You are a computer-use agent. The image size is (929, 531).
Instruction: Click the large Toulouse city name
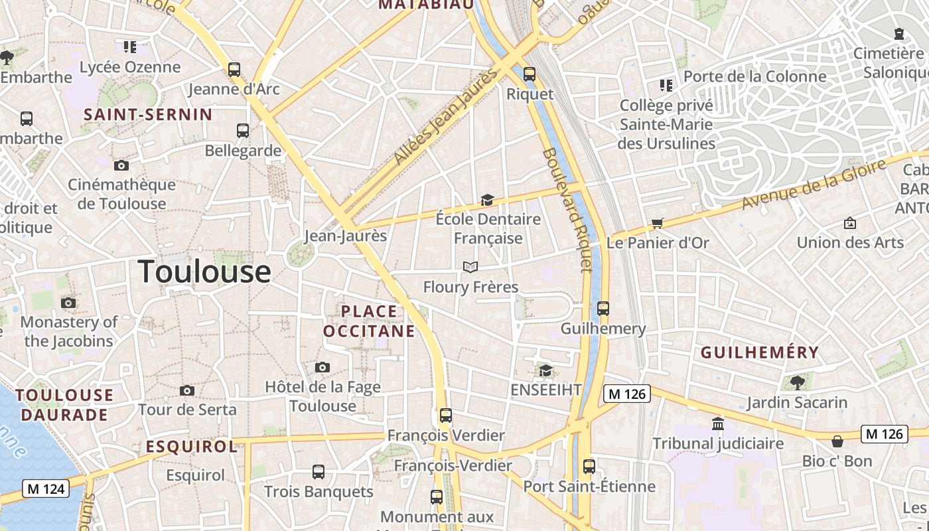pyautogui.click(x=204, y=272)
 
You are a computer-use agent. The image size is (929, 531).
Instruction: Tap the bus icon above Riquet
pyautogui.click(x=529, y=74)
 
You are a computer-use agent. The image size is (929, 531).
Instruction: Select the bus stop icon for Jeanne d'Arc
pyautogui.click(x=234, y=69)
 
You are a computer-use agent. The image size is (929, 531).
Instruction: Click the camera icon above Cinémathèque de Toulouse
pyautogui.click(x=121, y=165)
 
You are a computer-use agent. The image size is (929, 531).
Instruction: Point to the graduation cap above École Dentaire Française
pyautogui.click(x=488, y=200)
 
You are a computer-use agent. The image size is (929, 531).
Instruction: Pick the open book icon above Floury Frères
pyautogui.click(x=470, y=267)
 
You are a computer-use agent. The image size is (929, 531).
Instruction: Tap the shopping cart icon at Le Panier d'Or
pyautogui.click(x=657, y=223)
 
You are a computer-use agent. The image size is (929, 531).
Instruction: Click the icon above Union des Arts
pyautogui.click(x=849, y=223)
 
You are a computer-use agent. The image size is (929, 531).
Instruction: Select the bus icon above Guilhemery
pyautogui.click(x=603, y=309)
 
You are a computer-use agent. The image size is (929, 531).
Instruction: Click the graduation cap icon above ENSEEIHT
pyautogui.click(x=545, y=370)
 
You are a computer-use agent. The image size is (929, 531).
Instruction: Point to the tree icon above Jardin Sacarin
pyautogui.click(x=797, y=382)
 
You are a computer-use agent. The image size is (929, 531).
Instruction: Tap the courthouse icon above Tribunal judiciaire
pyautogui.click(x=717, y=423)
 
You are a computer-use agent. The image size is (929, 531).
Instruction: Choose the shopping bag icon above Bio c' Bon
pyautogui.click(x=837, y=441)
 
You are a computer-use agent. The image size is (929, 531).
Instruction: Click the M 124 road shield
pyautogui.click(x=46, y=489)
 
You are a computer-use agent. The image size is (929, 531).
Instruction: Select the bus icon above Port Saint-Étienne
pyautogui.click(x=589, y=466)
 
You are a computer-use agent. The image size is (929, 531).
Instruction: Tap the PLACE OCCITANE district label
pyautogui.click(x=369, y=321)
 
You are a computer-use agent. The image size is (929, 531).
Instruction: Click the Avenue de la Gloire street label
pyautogui.click(x=814, y=184)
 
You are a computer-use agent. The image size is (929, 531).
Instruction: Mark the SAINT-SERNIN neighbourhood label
pyautogui.click(x=148, y=114)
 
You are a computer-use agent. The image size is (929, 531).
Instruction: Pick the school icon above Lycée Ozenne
pyautogui.click(x=129, y=47)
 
